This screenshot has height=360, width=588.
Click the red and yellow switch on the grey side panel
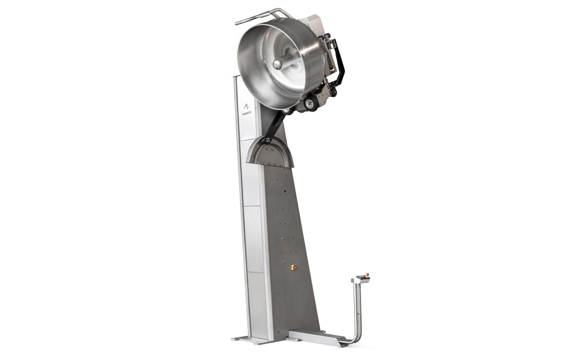(293, 267)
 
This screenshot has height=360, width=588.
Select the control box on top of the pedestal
(361, 279)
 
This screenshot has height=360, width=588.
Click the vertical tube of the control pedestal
(358, 309)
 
